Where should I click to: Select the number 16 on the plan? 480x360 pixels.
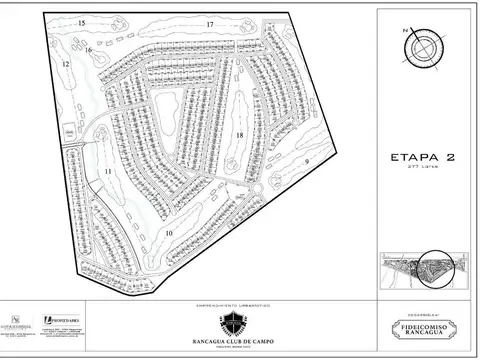tap(89, 49)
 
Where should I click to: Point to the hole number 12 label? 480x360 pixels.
tap(65, 64)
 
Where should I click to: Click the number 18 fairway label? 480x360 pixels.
tap(241, 133)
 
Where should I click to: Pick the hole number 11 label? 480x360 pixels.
tap(107, 174)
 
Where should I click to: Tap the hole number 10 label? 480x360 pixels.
tap(170, 232)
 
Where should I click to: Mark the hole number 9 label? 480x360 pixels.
tap(307, 160)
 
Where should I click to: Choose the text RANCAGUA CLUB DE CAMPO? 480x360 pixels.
tap(240, 337)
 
